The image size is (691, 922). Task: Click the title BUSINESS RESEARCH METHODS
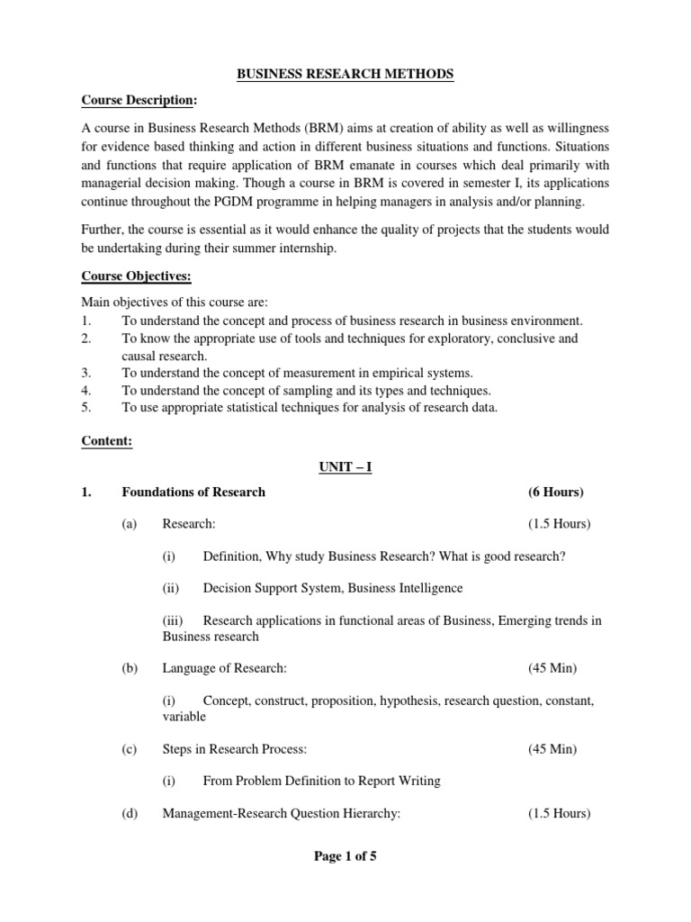pos(345,75)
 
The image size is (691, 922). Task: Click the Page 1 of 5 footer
pos(345,856)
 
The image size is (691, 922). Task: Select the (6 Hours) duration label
pos(555,492)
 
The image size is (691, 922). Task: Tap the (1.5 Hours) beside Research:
pos(559,524)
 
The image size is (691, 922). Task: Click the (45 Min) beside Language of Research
pos(552,668)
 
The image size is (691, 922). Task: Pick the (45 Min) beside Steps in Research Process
pos(552,749)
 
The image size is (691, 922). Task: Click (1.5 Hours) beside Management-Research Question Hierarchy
pos(559,813)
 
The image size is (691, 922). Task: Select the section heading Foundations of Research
pos(193,492)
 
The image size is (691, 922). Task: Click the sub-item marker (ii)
pos(170,588)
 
